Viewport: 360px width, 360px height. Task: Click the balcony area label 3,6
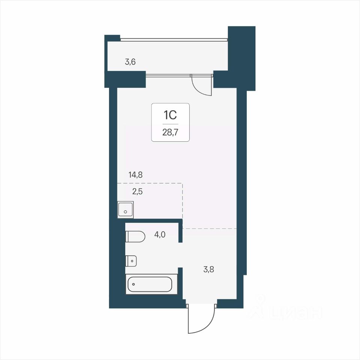point(130,62)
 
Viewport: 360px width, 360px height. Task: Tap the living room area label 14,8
point(135,175)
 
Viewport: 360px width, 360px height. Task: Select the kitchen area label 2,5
point(137,191)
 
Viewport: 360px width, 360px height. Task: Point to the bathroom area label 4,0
point(160,235)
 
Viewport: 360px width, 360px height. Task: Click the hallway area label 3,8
point(209,269)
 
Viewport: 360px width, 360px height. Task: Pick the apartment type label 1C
point(170,115)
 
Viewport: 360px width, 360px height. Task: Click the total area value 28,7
point(170,132)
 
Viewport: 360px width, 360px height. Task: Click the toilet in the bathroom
point(135,237)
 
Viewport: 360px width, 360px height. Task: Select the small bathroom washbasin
point(131,261)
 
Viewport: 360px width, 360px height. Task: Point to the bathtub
point(151,284)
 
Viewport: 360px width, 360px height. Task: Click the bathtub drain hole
point(133,284)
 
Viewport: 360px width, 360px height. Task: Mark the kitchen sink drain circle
point(125,211)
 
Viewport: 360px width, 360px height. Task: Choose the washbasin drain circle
point(132,261)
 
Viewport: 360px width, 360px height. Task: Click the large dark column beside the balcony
point(241,57)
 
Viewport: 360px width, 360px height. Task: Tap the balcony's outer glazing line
point(174,40)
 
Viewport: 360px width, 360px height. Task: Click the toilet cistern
point(127,237)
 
